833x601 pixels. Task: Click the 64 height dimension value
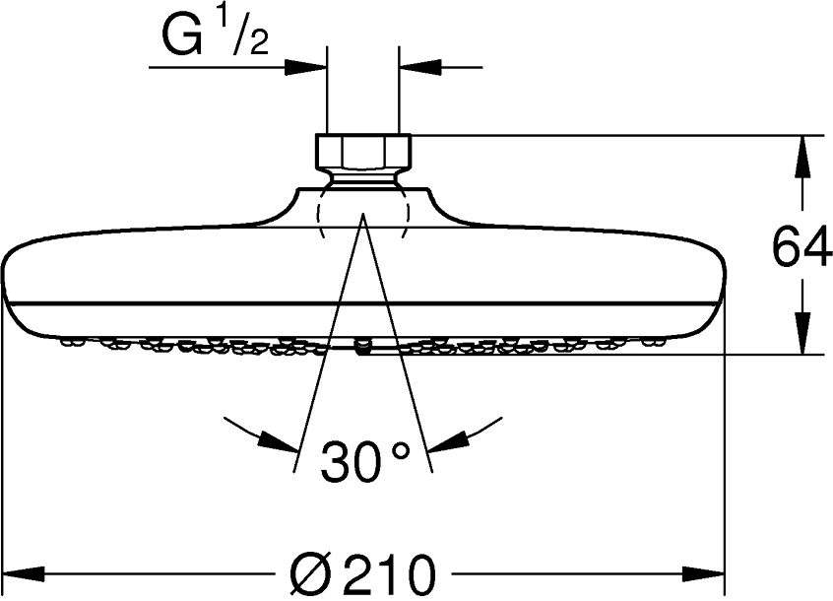801,247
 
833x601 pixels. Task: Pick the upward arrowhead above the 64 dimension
803,153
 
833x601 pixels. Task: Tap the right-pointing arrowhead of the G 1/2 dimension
305,67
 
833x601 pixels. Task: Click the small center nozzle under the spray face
362,346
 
